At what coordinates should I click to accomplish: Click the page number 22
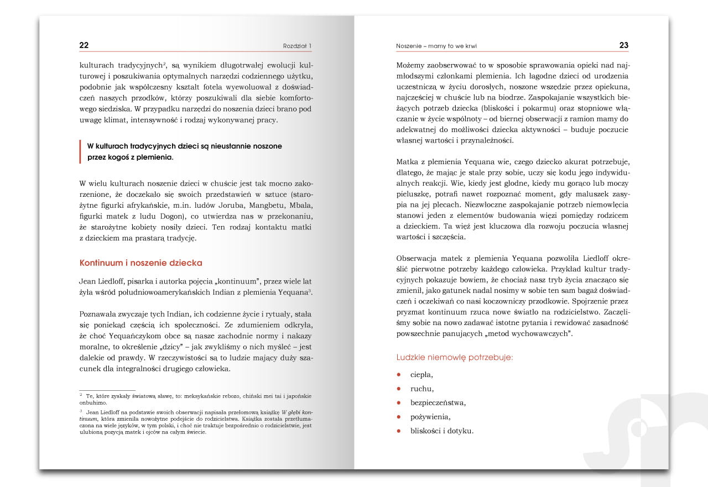tap(84, 45)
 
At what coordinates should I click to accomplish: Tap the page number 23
tap(623, 45)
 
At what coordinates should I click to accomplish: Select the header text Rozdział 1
tap(297, 46)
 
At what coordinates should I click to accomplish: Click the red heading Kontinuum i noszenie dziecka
tap(141, 263)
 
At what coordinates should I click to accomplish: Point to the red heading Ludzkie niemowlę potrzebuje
tap(455, 358)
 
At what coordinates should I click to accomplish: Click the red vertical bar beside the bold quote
tap(81, 151)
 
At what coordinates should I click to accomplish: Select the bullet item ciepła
tap(421, 375)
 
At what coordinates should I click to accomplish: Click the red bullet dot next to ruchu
tap(398, 389)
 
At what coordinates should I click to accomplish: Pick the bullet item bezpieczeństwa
tap(438, 403)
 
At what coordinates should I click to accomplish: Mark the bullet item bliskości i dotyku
tap(442, 431)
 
